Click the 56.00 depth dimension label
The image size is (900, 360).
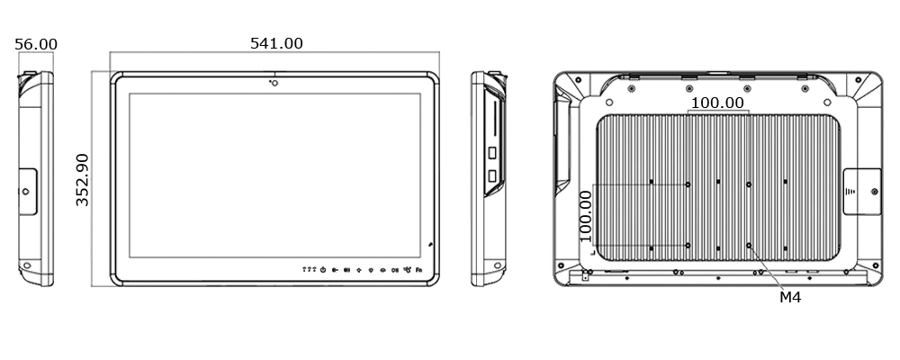(36, 44)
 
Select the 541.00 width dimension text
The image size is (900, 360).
(275, 43)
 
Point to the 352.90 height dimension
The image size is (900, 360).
(82, 180)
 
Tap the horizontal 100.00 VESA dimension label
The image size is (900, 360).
(717, 103)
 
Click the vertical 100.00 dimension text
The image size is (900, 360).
(585, 215)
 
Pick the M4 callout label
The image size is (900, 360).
(790, 296)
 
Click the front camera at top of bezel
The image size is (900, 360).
(273, 84)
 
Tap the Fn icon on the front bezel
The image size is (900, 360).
(419, 269)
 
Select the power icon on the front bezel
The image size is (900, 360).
(323, 269)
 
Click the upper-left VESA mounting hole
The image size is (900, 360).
(688, 184)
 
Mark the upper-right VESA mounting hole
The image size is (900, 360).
(749, 184)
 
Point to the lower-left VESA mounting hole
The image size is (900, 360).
(688, 244)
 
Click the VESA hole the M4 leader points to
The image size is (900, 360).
(749, 244)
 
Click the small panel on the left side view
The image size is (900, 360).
(27, 191)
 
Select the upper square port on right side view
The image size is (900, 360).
(492, 153)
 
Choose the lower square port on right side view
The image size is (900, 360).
(492, 175)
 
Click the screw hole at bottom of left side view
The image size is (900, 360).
(27, 266)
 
